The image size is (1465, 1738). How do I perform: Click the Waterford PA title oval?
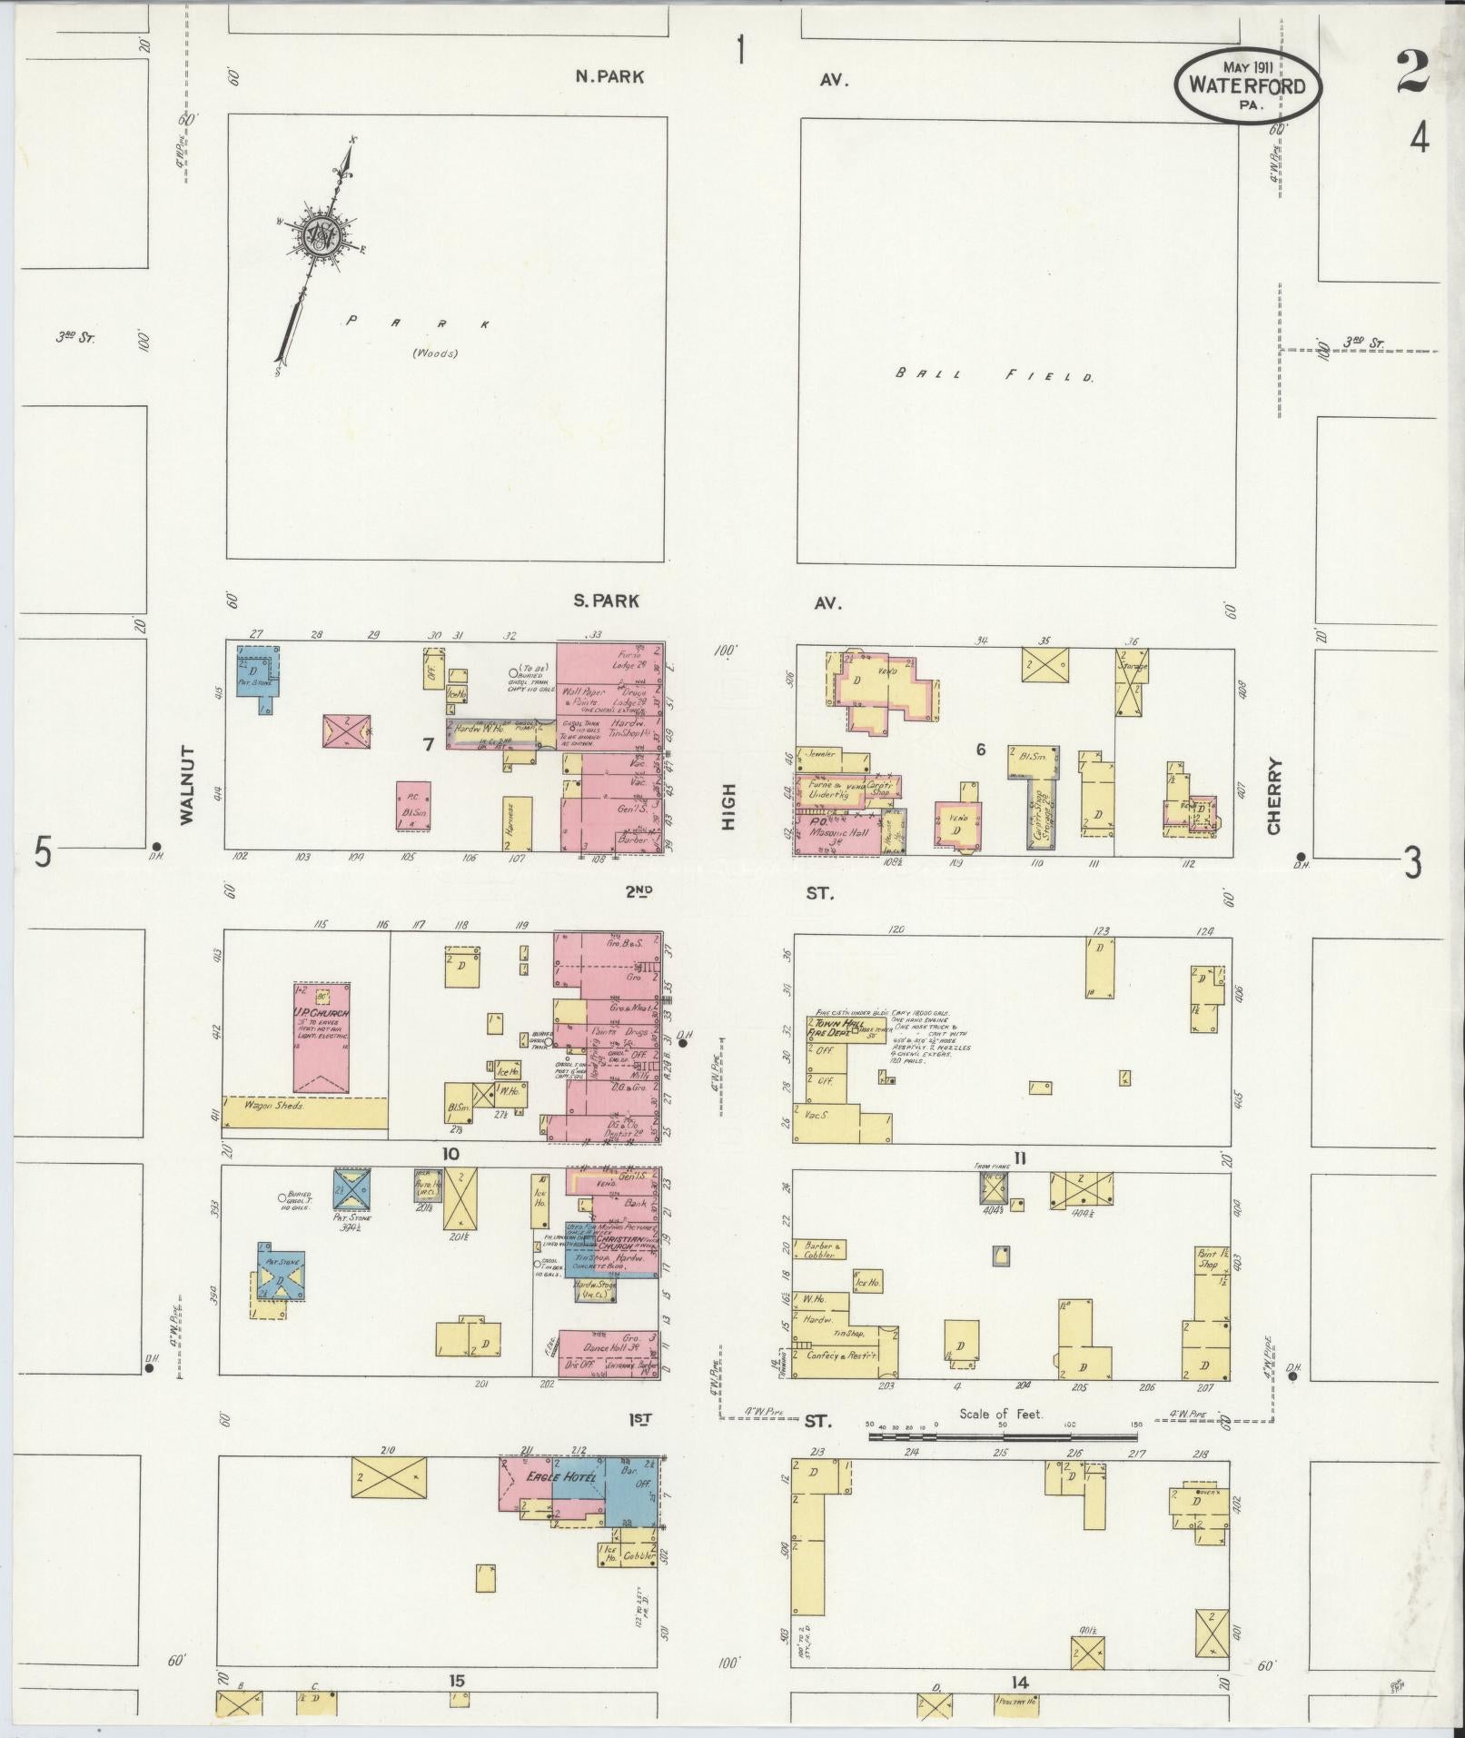[1248, 84]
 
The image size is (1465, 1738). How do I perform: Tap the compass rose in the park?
[321, 235]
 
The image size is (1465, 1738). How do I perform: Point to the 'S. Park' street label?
[607, 601]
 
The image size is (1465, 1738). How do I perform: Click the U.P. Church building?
[321, 1036]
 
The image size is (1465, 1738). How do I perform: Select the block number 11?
[1020, 1157]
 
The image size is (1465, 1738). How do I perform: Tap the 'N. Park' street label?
[609, 77]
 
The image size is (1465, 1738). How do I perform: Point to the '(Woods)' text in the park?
[436, 353]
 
